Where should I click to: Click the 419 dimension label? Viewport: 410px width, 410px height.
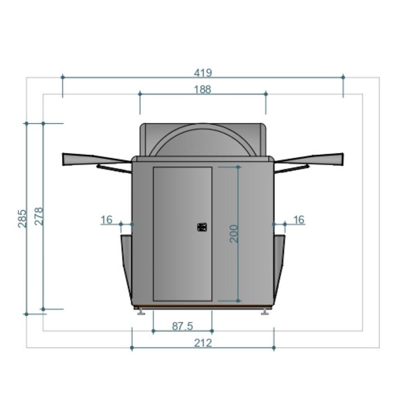tap(203, 73)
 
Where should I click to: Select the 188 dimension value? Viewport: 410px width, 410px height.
tap(203, 89)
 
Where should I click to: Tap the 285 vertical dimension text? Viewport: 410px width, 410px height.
tap(22, 219)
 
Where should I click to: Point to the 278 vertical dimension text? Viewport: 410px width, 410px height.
tap(39, 216)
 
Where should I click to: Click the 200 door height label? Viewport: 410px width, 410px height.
tap(234, 234)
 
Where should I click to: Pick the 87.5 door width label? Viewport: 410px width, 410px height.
tap(182, 326)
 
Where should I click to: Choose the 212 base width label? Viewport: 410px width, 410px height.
tap(203, 343)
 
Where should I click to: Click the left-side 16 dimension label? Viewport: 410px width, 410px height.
tap(107, 220)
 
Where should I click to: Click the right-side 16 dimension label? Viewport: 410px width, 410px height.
tap(299, 220)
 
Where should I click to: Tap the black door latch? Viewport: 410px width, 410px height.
tap(202, 227)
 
